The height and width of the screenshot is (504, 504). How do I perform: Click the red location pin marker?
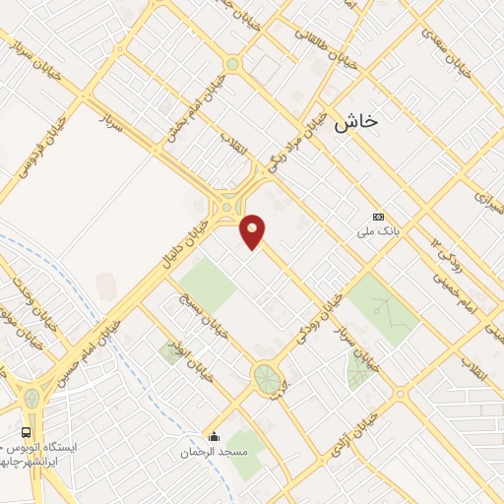click(253, 231)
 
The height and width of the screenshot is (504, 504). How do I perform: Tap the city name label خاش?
click(355, 121)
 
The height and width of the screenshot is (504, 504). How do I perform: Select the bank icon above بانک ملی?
click(377, 217)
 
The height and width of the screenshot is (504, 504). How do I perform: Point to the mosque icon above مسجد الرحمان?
click(212, 437)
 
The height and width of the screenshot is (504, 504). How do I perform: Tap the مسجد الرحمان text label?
click(212, 454)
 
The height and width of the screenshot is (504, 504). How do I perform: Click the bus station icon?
click(28, 431)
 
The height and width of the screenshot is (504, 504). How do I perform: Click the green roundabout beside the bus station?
click(31, 399)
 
